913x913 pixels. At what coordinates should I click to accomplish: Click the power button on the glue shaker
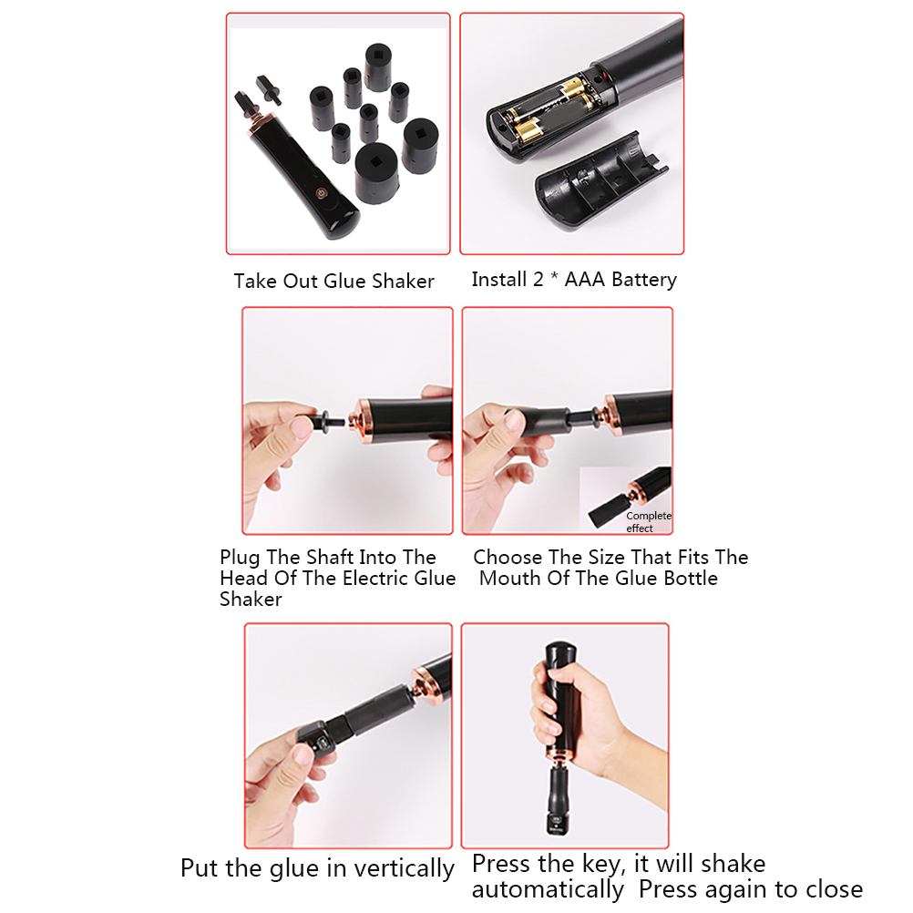(321, 193)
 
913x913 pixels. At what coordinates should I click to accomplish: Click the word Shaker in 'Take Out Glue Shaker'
(403, 282)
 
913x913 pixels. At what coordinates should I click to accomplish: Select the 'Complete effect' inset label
(648, 522)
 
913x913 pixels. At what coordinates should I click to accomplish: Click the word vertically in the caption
(404, 868)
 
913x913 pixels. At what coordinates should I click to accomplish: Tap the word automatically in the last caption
(548, 890)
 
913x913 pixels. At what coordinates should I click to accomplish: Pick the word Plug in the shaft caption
(240, 558)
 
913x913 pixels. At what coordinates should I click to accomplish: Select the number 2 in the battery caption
(538, 280)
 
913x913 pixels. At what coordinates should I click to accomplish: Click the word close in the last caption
(833, 889)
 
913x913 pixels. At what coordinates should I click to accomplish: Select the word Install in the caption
(499, 280)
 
